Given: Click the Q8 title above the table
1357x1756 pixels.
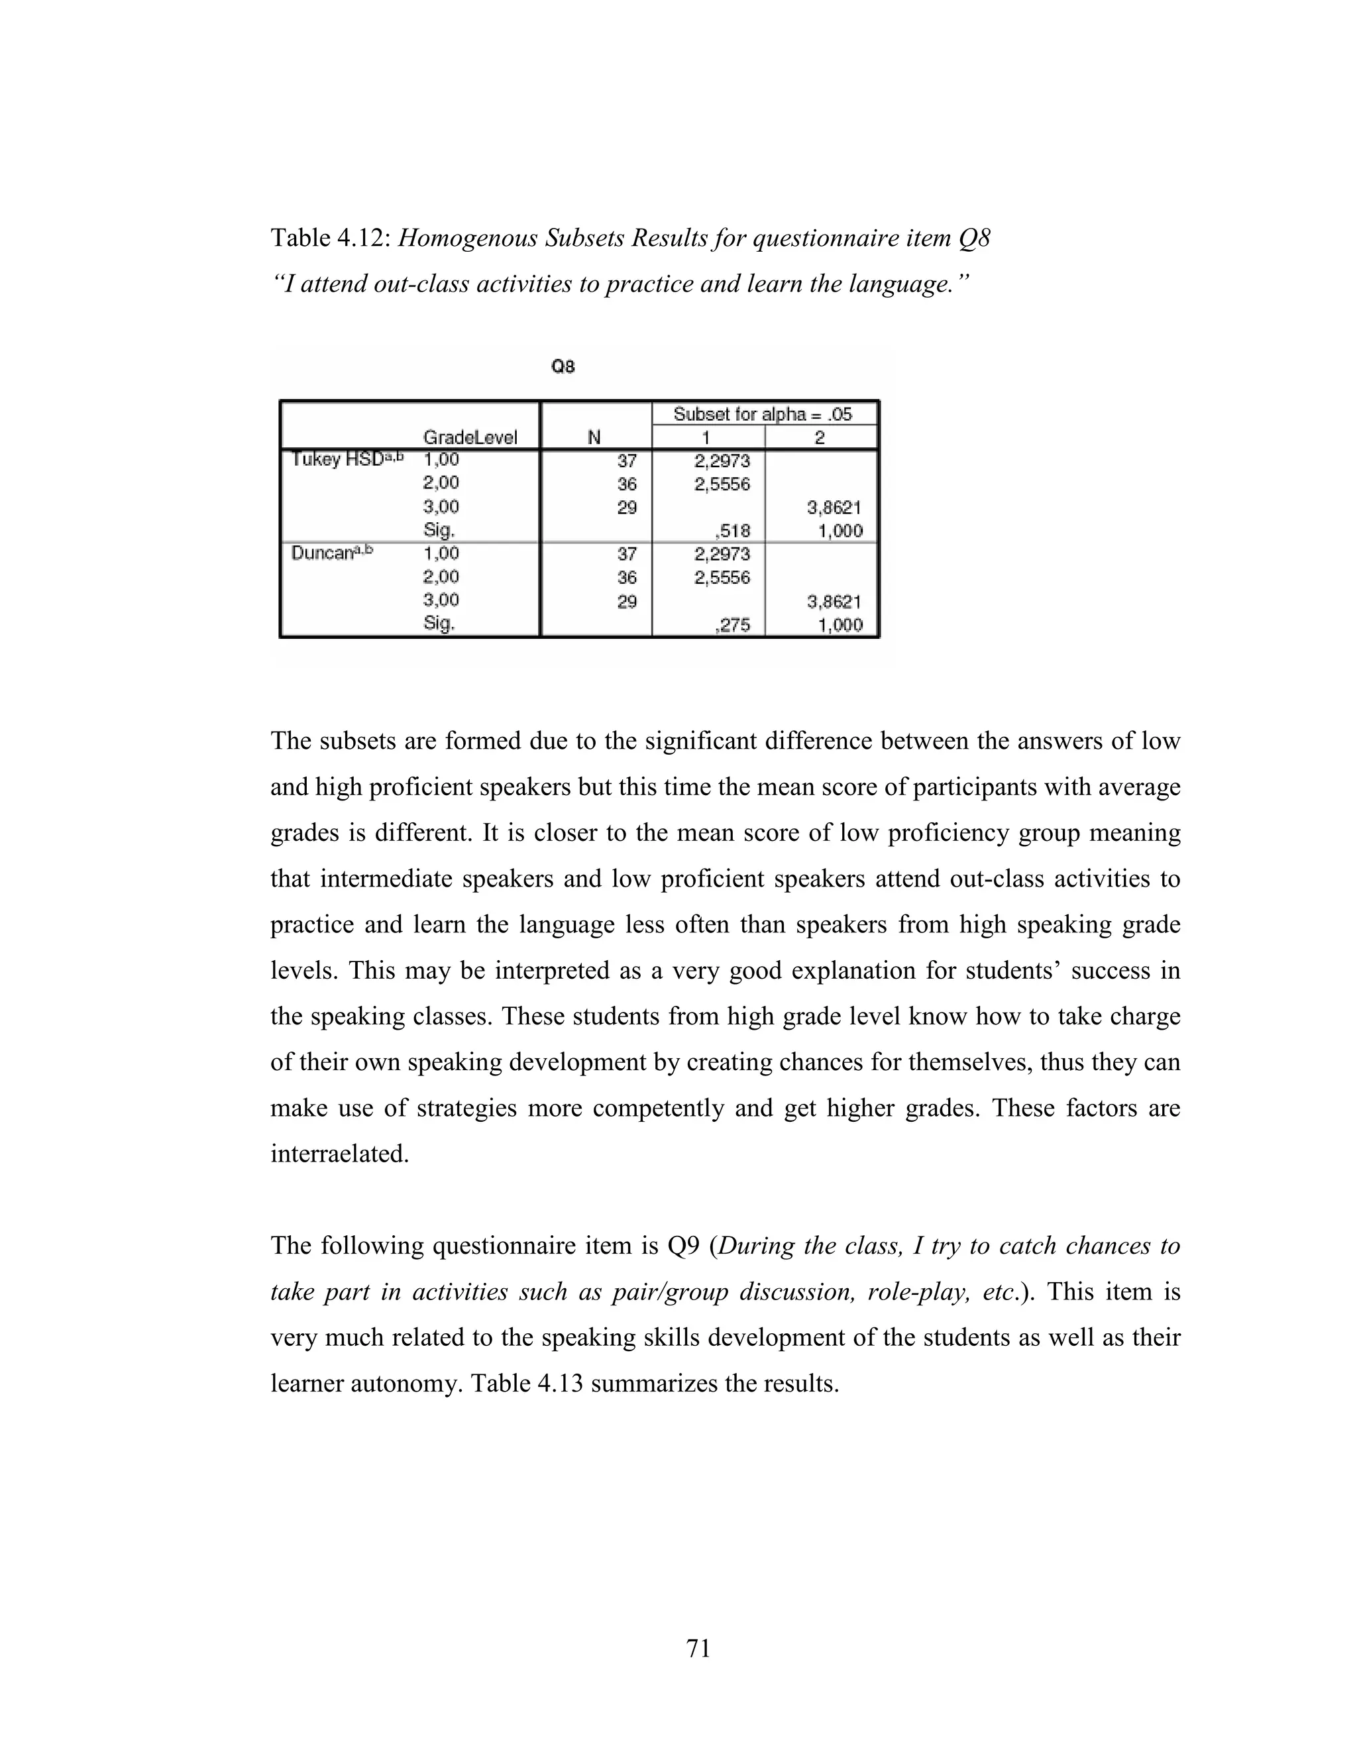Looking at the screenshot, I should pyautogui.click(x=563, y=366).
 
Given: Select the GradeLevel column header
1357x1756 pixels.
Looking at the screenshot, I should pyautogui.click(x=470, y=437).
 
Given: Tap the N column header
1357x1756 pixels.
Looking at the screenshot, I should pyautogui.click(x=594, y=437).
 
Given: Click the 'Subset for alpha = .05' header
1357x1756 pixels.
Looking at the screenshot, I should pyautogui.click(x=762, y=414).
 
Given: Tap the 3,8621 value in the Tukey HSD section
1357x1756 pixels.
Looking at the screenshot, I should pyautogui.click(x=834, y=508).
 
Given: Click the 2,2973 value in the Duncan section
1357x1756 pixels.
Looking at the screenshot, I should pyautogui.click(x=722, y=554).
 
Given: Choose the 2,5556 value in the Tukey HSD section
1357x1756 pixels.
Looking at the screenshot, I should pyautogui.click(x=722, y=484).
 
